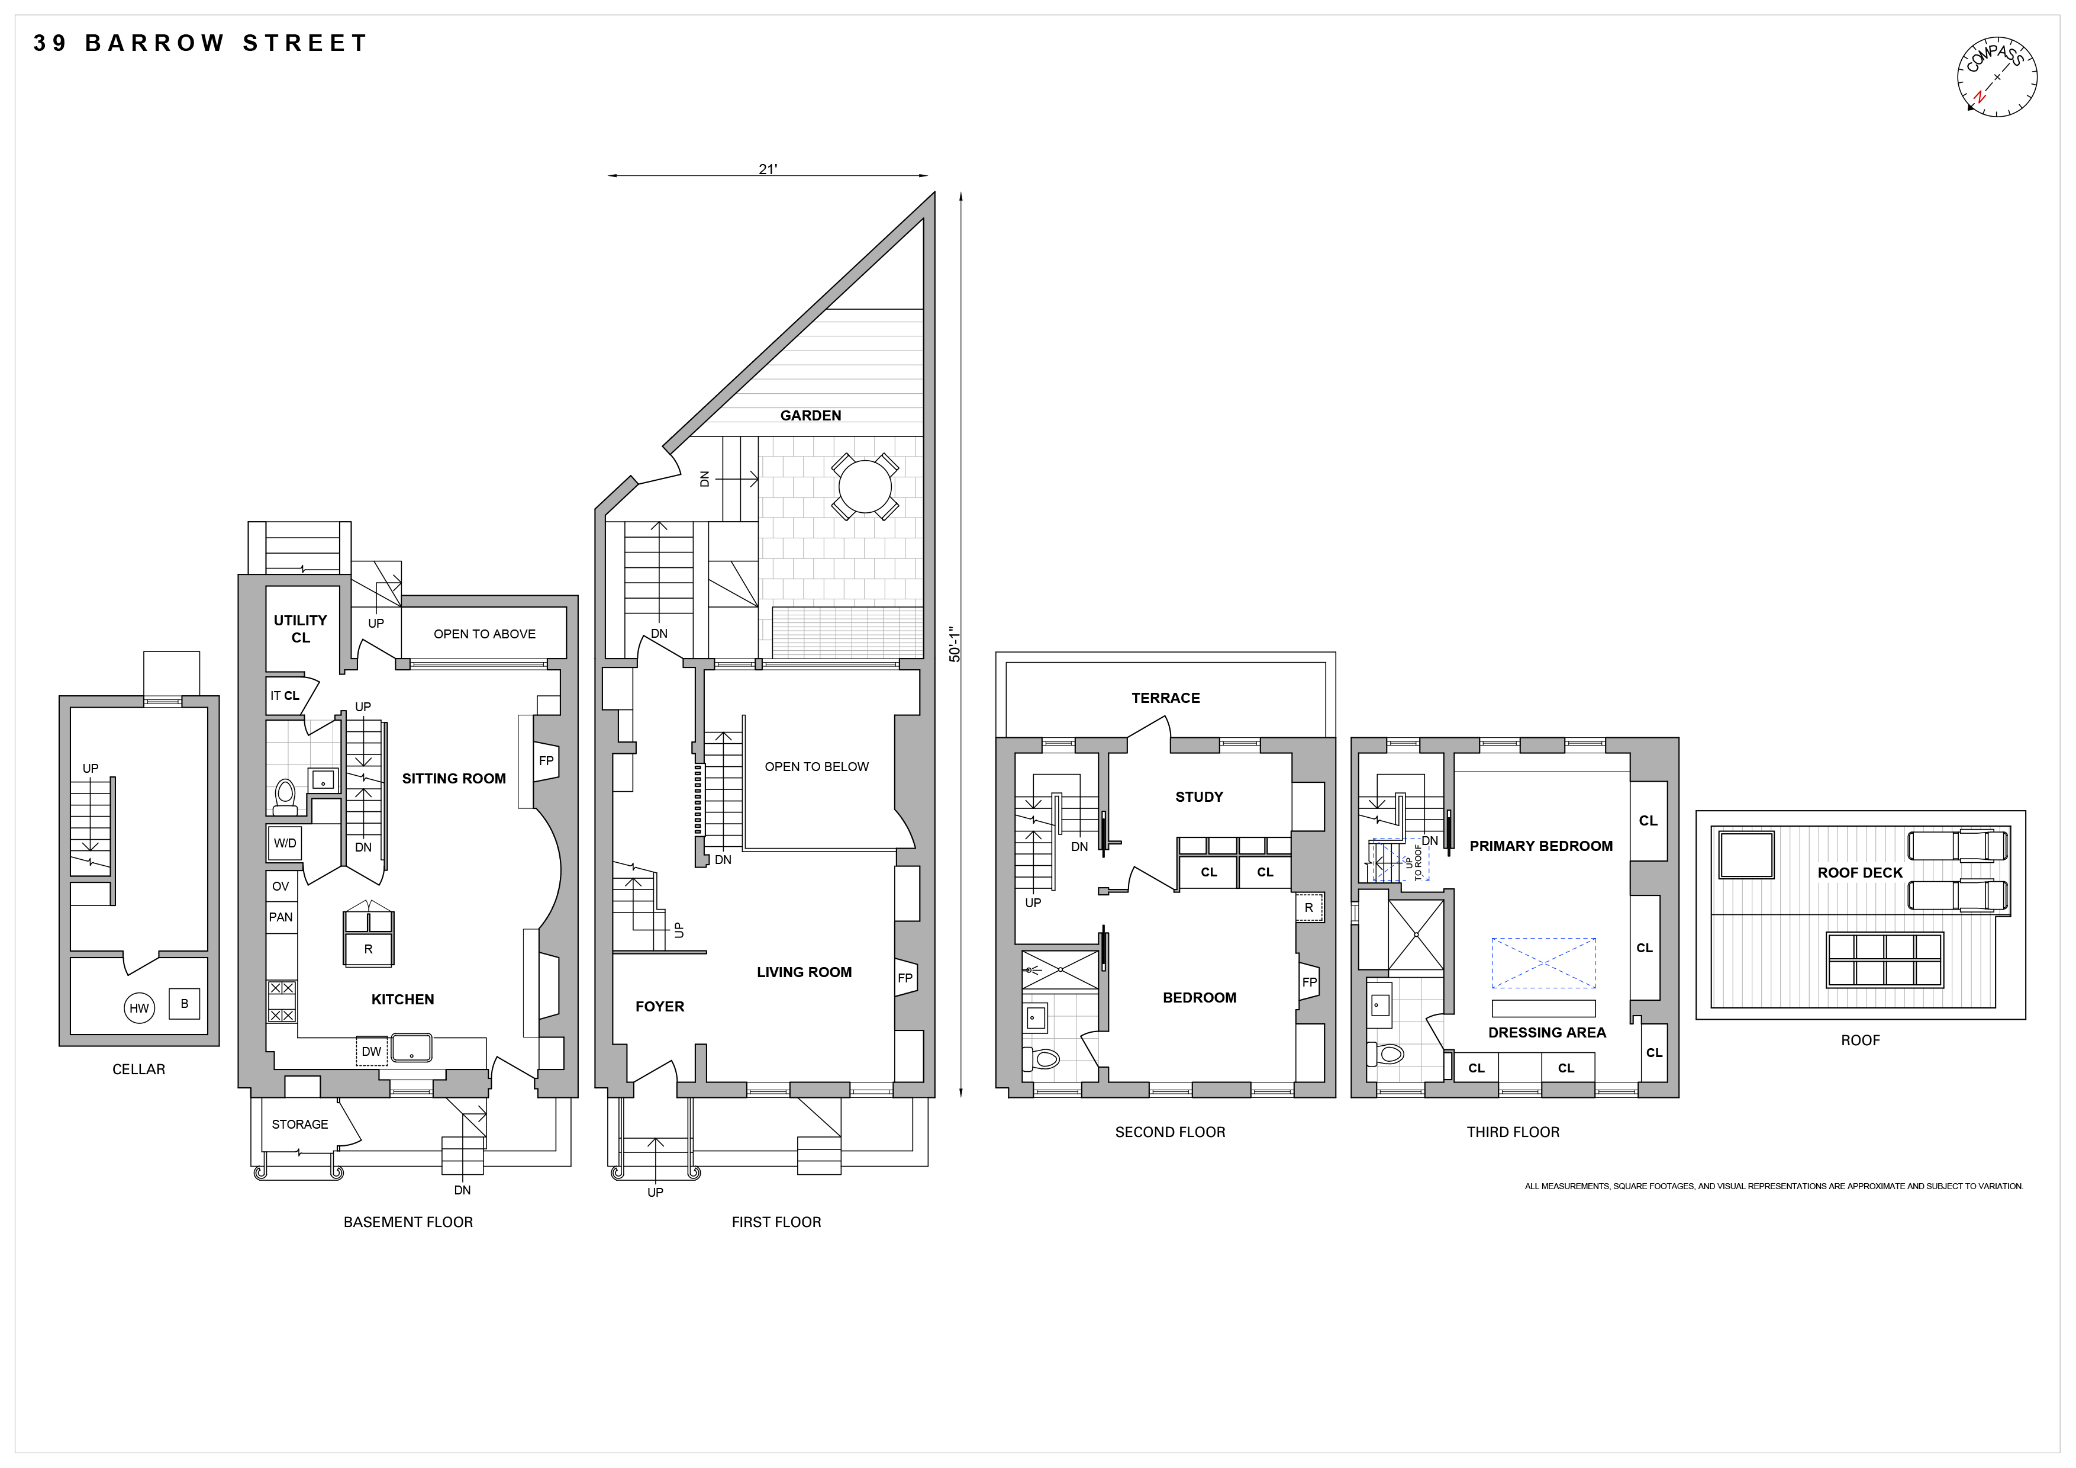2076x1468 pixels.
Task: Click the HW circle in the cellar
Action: click(139, 1008)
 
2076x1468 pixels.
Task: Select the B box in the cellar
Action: click(185, 1003)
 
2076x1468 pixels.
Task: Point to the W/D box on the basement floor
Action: click(285, 843)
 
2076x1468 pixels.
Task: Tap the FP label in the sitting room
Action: click(546, 761)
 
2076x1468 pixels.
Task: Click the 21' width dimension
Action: click(768, 169)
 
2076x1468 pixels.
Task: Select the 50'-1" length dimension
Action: click(954, 644)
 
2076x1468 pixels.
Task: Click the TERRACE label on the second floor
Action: click(1165, 698)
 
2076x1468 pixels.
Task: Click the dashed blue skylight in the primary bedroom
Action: click(1543, 963)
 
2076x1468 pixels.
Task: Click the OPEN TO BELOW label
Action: click(817, 766)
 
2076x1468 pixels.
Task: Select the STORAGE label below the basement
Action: click(300, 1125)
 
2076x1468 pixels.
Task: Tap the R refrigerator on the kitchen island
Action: click(368, 949)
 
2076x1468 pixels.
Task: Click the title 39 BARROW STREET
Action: click(200, 43)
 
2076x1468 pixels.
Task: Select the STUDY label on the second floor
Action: click(1199, 797)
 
